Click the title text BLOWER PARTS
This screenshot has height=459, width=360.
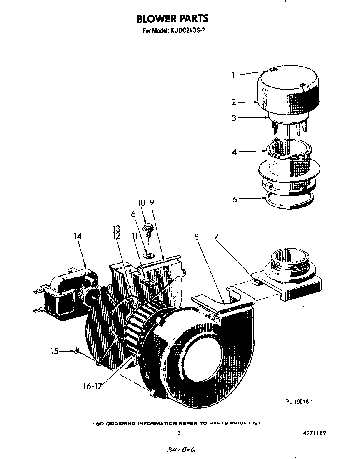[172, 19]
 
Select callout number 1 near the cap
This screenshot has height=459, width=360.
[234, 75]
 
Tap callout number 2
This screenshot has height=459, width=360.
[234, 102]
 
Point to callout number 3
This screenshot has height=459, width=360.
[234, 118]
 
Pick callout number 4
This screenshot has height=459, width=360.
[234, 152]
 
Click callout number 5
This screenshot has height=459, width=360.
[235, 199]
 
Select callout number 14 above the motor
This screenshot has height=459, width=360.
[77, 236]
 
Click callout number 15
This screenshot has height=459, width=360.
[55, 351]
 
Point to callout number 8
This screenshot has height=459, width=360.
[196, 237]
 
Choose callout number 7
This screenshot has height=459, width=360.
[216, 237]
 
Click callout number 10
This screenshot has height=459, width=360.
[141, 203]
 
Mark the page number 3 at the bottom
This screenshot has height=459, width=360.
[179, 433]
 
